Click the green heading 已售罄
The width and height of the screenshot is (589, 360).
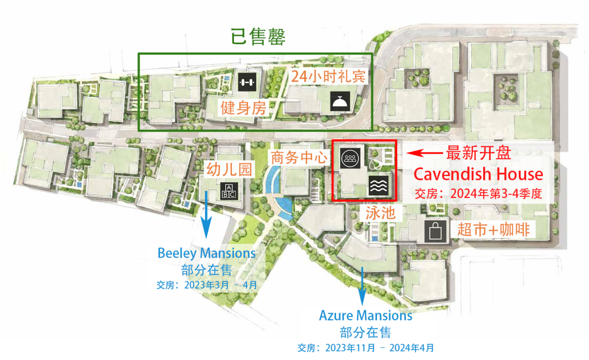259,37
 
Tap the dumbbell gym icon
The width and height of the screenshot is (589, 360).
246,82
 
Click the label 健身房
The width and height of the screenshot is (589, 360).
243,108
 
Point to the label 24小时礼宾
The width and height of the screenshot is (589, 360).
328,76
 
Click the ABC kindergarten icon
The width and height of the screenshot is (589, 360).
228,191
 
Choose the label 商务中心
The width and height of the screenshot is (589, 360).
298,158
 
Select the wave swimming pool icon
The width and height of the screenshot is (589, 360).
379,185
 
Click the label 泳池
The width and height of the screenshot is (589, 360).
376,212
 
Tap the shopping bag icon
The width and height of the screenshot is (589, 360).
435,231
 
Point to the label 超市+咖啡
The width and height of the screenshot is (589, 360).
494,230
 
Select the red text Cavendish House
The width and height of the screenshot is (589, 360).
478,174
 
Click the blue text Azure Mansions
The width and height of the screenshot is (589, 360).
365,315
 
